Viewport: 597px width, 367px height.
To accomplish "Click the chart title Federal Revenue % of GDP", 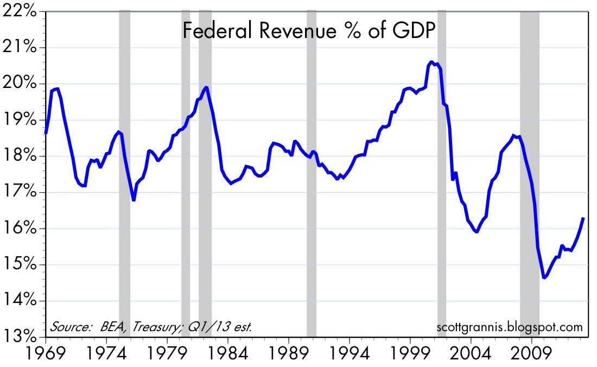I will [309, 31].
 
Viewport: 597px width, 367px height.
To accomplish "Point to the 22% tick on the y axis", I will [21, 11].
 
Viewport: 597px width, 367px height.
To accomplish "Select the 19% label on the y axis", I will [21, 120].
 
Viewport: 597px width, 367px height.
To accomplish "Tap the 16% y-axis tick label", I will [21, 229].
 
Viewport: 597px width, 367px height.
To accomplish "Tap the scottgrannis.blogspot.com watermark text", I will [509, 327].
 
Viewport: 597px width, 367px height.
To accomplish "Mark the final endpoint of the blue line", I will [583, 218].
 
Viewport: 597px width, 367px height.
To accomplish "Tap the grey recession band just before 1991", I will [312, 174].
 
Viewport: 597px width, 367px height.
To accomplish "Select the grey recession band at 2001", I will [441, 174].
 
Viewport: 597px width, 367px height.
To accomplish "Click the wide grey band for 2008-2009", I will [530, 174].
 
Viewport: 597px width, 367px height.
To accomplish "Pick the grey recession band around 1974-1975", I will [124, 174].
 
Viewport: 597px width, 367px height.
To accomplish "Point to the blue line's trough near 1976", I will [134, 200].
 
